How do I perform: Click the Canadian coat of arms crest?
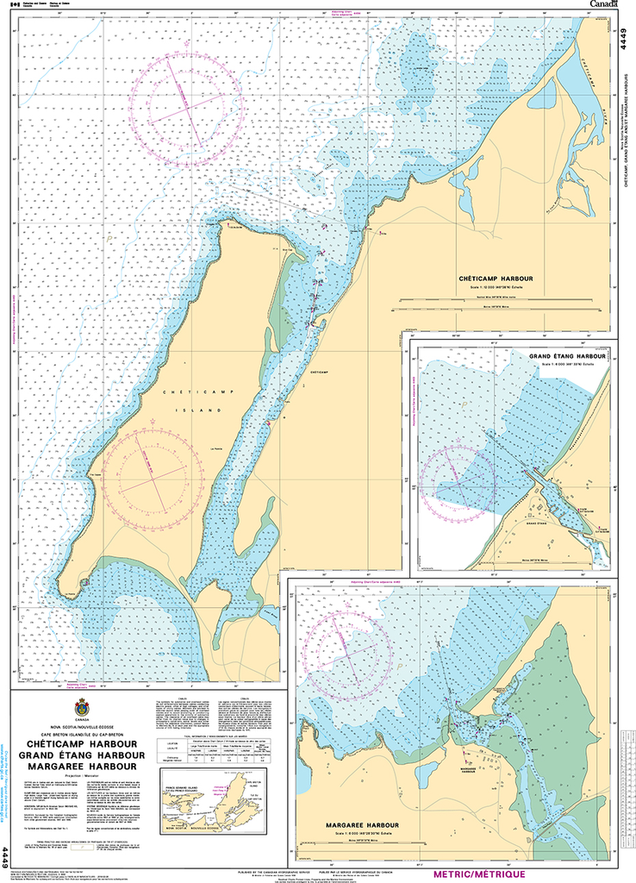82,706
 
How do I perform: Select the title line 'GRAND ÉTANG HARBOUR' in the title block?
82,755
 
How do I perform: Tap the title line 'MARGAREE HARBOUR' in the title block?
82,766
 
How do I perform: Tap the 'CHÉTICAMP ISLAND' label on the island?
192,402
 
